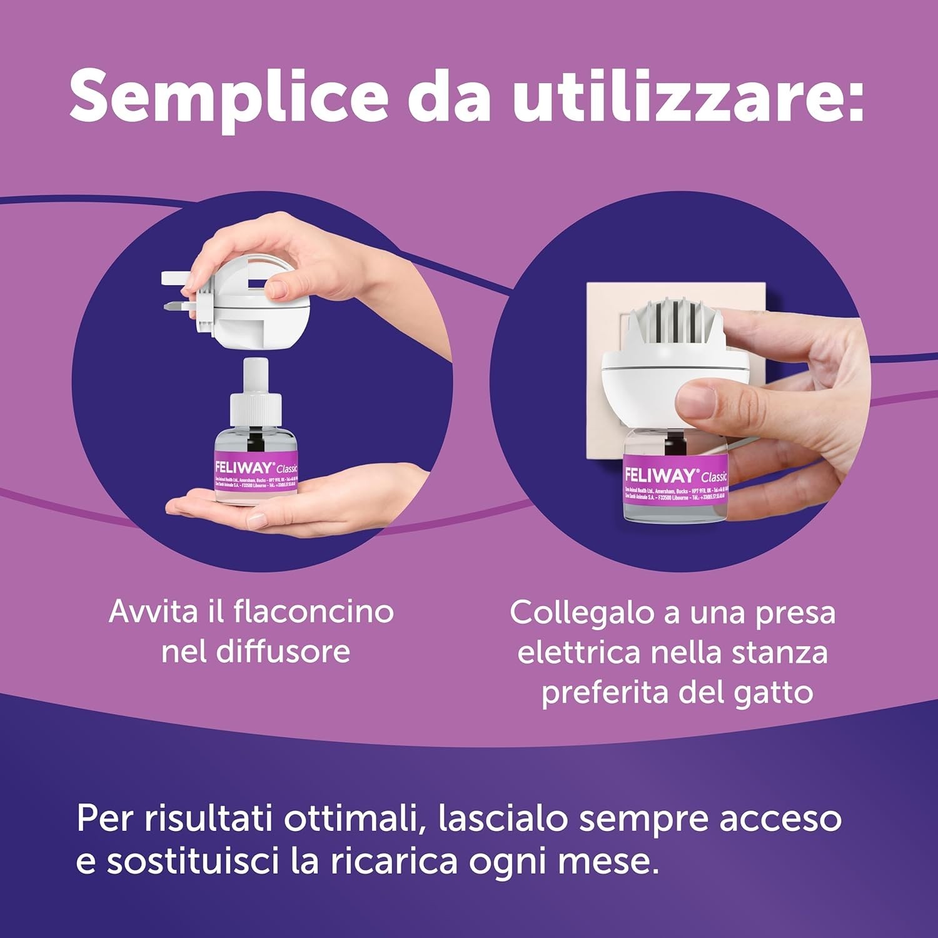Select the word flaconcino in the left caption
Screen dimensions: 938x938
(314, 612)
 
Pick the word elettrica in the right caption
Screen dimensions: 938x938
(579, 653)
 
